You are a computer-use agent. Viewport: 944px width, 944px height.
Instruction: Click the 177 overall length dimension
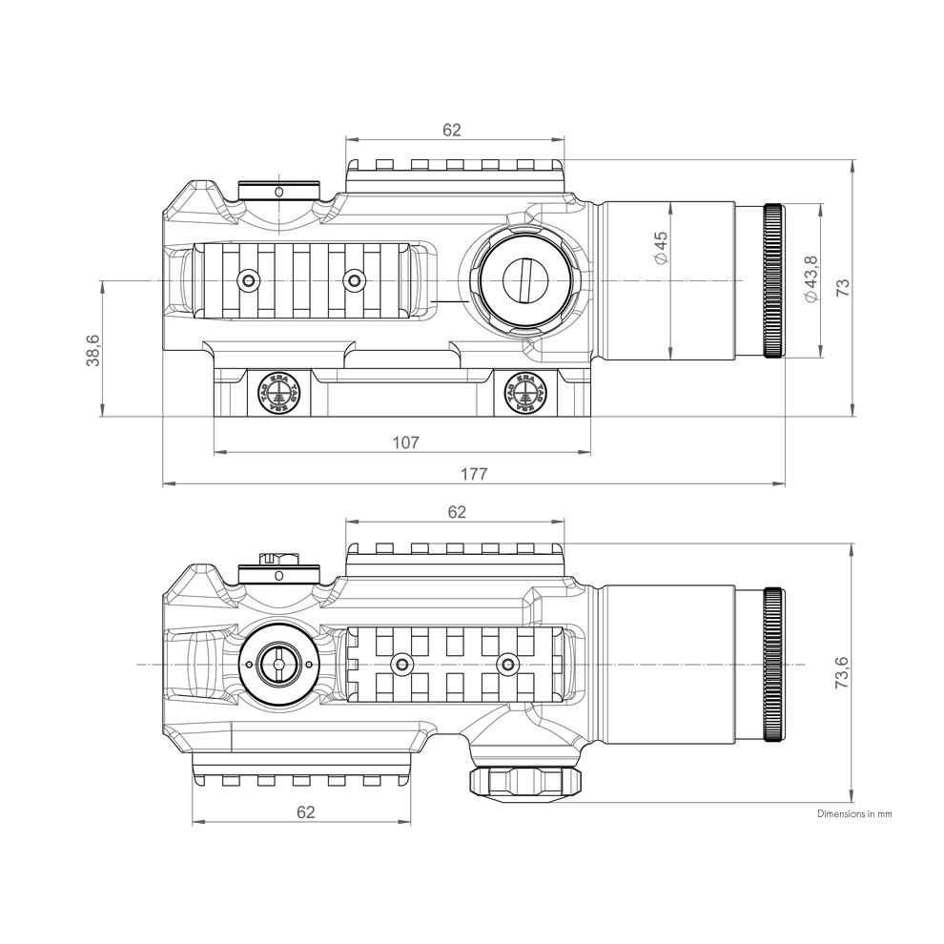click(474, 474)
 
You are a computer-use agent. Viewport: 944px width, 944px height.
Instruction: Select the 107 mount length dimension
click(405, 442)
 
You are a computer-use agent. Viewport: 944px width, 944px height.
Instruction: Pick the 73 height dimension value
click(842, 287)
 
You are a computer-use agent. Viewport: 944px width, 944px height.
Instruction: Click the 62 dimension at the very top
click(452, 130)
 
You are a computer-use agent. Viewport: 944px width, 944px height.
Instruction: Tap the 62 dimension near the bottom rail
click(305, 811)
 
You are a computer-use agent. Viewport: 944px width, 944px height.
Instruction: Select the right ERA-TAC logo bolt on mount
click(523, 391)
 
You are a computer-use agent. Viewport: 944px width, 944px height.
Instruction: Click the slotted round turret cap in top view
click(526, 280)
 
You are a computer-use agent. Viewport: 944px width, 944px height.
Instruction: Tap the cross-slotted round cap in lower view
click(277, 664)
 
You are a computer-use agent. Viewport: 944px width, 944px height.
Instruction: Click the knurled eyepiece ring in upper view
click(772, 280)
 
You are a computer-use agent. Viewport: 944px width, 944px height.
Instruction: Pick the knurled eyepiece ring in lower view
click(773, 665)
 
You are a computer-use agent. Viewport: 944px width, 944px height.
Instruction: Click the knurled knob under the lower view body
click(526, 782)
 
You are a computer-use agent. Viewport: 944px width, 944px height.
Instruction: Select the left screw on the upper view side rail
click(250, 280)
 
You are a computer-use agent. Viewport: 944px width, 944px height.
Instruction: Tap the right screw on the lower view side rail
click(506, 664)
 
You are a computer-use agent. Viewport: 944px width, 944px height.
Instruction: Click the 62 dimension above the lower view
click(457, 512)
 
